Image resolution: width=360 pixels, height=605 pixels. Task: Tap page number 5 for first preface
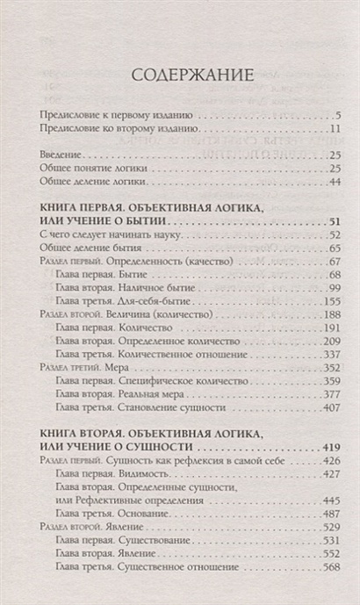337,116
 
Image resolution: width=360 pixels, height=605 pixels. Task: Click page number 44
334,182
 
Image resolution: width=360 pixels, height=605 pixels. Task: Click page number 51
333,220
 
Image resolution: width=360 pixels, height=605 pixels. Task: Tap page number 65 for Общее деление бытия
334,248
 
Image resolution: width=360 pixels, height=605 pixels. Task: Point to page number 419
330,445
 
